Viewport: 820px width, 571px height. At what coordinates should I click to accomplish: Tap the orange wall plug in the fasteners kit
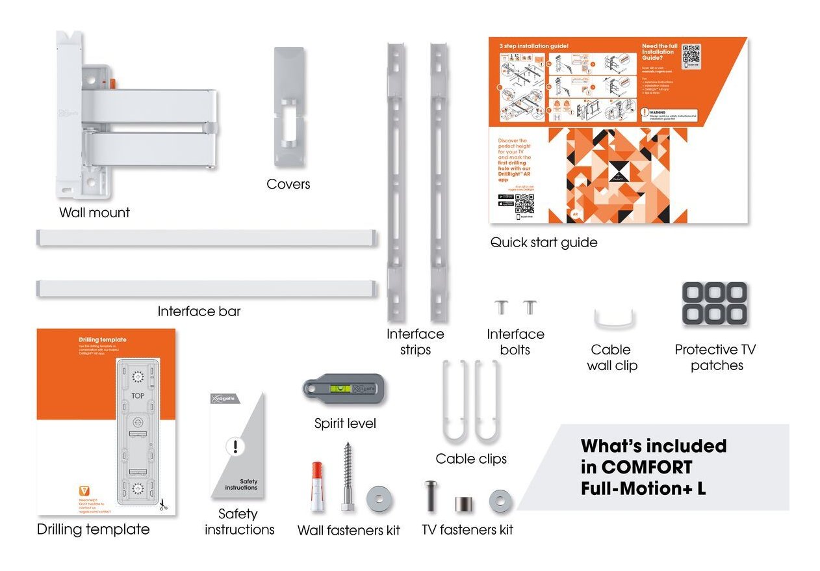click(x=316, y=485)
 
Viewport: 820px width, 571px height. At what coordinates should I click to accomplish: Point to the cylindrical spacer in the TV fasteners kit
click(x=463, y=504)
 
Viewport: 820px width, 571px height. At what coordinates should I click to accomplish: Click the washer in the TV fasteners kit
click(x=500, y=501)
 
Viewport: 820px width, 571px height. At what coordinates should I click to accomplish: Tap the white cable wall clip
click(x=615, y=319)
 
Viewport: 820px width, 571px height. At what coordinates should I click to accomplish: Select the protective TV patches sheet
click(x=714, y=303)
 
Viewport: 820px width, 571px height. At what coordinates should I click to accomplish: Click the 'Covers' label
click(x=288, y=184)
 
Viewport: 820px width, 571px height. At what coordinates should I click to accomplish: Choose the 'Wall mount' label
click(x=95, y=213)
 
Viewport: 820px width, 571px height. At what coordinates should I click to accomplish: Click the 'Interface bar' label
click(x=199, y=312)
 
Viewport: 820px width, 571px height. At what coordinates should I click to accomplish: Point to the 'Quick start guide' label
click(x=544, y=243)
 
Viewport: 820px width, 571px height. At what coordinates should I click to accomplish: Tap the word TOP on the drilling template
click(x=138, y=395)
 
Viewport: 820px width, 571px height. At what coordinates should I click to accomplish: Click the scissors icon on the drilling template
click(x=163, y=503)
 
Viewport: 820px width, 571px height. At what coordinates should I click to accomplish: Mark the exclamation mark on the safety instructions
click(x=235, y=447)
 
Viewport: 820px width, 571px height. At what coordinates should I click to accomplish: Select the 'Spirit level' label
click(x=345, y=424)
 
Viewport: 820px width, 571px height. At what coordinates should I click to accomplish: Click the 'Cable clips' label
click(x=471, y=459)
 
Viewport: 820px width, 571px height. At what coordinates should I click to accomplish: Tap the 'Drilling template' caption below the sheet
click(x=93, y=529)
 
